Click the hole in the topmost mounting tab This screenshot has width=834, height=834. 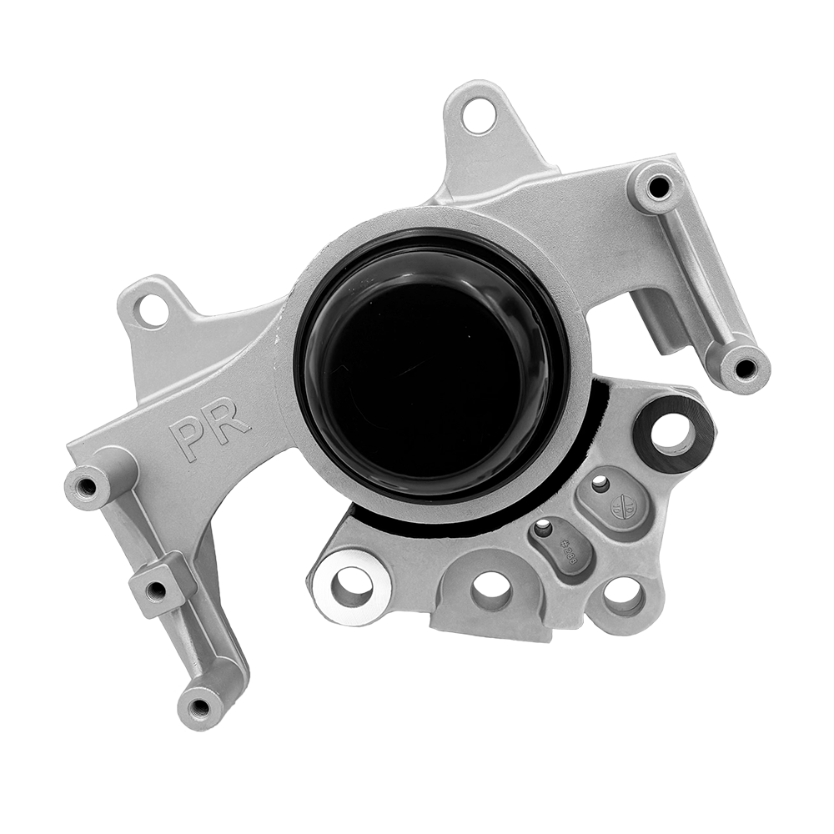pyautogui.click(x=479, y=115)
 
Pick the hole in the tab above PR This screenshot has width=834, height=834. pyautogui.click(x=153, y=310)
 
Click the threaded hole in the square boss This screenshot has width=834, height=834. pyautogui.click(x=156, y=590)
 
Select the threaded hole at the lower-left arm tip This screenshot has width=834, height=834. pyautogui.click(x=199, y=708)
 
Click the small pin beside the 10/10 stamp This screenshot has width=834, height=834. pyautogui.click(x=599, y=483)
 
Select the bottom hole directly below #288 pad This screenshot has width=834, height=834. pyautogui.click(x=491, y=590)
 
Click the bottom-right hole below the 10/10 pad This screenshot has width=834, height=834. pyautogui.click(x=623, y=594)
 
